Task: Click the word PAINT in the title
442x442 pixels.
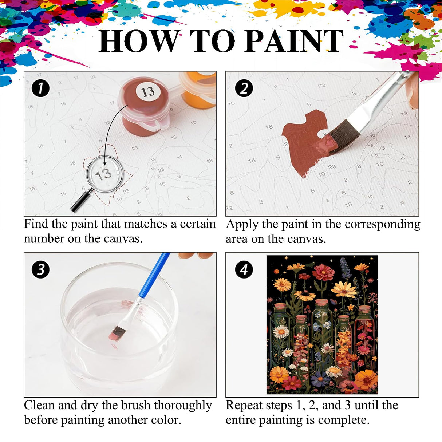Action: pos(294,41)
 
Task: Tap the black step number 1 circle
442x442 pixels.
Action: pos(40,88)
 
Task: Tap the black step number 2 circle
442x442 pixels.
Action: pos(244,88)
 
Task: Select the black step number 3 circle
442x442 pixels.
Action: pos(40,270)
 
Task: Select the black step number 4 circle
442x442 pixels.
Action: pos(244,270)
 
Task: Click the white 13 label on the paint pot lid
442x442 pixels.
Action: pos(148,91)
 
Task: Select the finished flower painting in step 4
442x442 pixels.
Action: pos(322,325)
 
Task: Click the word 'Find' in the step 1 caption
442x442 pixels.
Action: pos(36,224)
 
